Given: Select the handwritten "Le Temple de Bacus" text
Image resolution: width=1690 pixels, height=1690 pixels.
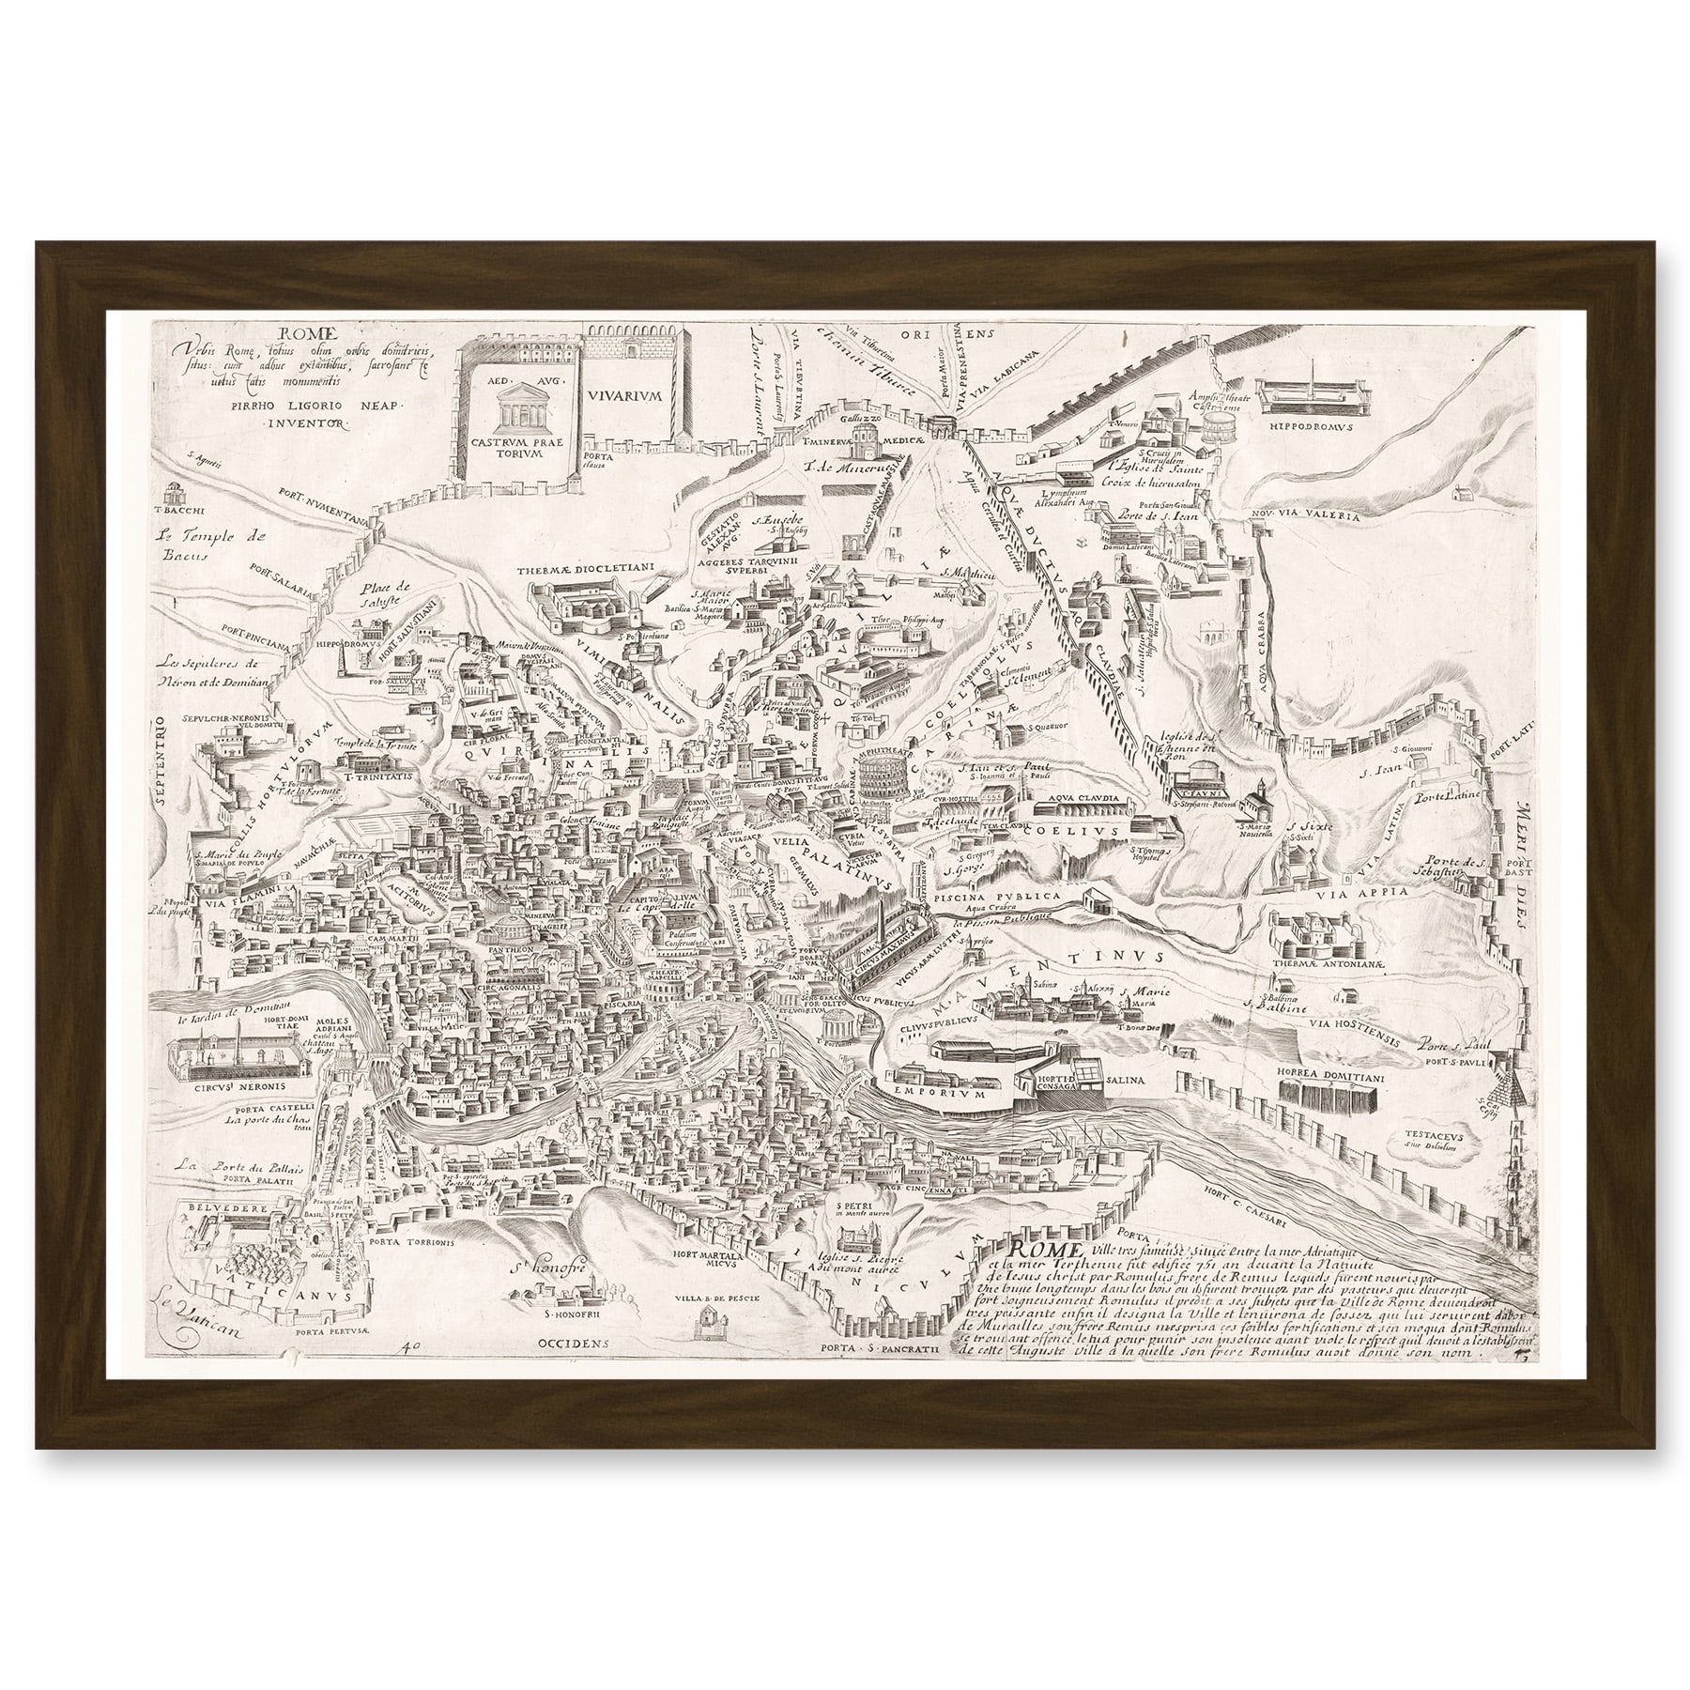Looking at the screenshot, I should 201,545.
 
